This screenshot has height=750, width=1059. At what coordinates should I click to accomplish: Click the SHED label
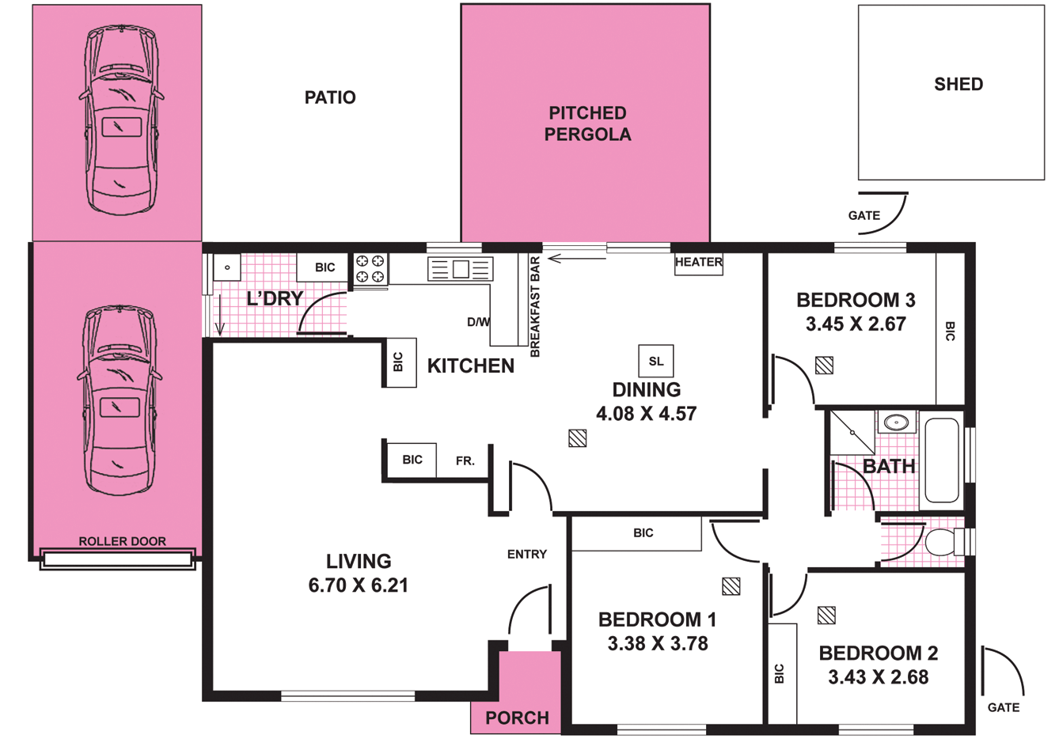click(x=958, y=85)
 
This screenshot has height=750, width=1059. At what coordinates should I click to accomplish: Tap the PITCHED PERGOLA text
click(x=587, y=124)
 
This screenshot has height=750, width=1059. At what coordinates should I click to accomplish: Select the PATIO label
click(x=330, y=98)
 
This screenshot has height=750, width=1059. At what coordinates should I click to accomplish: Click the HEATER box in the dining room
click(x=698, y=263)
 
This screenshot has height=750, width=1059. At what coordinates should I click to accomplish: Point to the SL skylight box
click(x=655, y=362)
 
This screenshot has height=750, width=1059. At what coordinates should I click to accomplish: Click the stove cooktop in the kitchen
click(x=370, y=269)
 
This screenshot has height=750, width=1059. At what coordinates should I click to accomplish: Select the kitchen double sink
click(x=460, y=269)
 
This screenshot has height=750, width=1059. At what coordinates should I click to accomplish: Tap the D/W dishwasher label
click(x=478, y=322)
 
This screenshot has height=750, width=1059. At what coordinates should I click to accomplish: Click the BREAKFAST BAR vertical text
click(x=535, y=307)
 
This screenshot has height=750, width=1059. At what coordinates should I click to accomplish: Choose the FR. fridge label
click(x=465, y=460)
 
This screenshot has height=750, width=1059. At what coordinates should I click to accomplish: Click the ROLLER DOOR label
click(x=122, y=542)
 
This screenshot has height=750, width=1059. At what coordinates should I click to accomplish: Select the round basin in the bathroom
click(x=896, y=422)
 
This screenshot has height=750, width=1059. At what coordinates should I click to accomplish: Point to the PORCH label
click(x=517, y=718)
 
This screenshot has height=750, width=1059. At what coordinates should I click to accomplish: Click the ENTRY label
click(x=526, y=555)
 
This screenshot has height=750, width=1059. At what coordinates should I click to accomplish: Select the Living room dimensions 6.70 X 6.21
click(x=359, y=586)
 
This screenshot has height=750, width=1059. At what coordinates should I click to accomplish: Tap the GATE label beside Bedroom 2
click(x=1003, y=707)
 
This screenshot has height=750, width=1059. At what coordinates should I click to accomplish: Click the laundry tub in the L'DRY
click(x=227, y=268)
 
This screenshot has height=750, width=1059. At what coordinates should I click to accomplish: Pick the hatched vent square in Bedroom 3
click(x=824, y=365)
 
